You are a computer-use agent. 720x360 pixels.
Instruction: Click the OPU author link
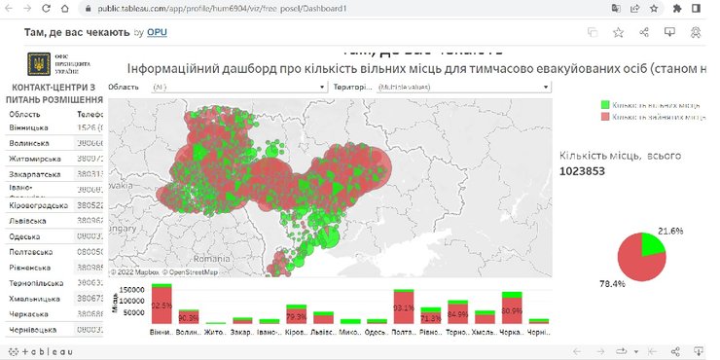[157, 32]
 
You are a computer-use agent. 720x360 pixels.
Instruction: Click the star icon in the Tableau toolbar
[619, 32]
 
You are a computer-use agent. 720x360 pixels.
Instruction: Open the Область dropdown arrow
[322, 87]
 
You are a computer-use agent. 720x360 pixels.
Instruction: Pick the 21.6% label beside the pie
[670, 231]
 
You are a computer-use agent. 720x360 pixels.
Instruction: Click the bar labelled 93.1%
[404, 306]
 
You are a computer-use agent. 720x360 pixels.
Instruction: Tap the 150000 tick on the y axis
[131, 289]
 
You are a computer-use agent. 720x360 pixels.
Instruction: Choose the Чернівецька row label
[35, 330]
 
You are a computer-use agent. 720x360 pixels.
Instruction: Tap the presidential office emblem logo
[35, 64]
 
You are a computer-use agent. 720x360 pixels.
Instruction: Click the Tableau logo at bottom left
[39, 350]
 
